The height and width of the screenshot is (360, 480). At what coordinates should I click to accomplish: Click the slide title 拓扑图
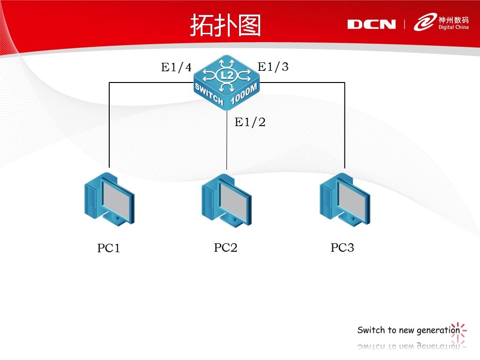(x=225, y=25)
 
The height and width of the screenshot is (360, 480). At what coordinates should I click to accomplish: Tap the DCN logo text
(x=371, y=24)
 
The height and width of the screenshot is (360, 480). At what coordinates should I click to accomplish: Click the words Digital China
(x=453, y=28)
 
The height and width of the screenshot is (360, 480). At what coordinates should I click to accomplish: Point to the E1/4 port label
(x=176, y=68)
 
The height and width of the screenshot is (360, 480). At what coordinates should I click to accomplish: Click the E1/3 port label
(x=273, y=67)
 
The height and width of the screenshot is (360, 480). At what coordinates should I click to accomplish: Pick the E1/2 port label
(x=250, y=123)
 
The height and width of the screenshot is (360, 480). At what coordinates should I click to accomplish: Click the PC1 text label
(x=109, y=248)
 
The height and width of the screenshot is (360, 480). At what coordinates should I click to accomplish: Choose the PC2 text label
(x=225, y=248)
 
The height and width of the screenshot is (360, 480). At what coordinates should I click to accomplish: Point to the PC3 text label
(x=342, y=248)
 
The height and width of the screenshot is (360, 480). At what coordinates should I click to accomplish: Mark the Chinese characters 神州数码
(x=453, y=20)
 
